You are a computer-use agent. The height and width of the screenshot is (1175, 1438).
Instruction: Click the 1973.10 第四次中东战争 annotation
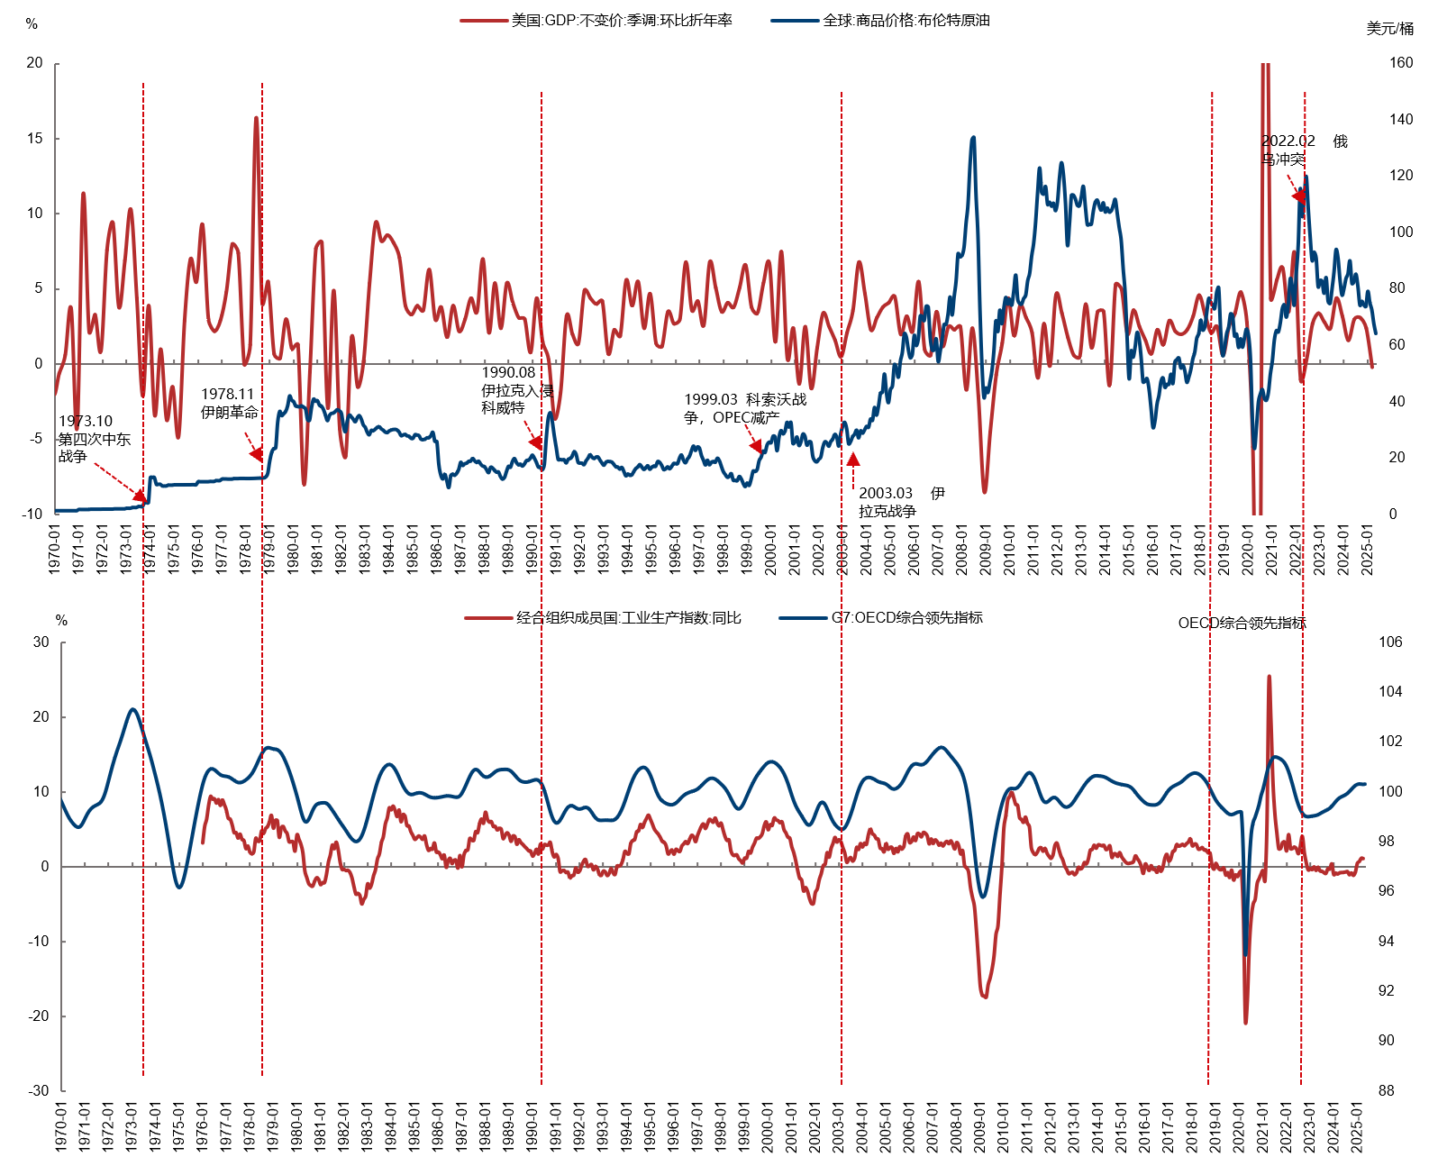94,438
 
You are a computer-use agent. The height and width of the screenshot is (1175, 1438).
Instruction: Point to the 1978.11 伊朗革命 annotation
229,403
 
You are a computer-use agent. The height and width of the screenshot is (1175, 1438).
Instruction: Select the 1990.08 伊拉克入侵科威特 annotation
515,390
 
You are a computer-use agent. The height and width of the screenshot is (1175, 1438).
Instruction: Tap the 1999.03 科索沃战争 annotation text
744,408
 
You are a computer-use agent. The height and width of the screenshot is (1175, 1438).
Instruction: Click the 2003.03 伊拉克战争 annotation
900,502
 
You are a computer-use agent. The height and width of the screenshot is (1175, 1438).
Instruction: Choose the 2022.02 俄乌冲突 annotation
1303,150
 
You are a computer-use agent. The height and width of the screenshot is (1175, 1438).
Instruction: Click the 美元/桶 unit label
1389,29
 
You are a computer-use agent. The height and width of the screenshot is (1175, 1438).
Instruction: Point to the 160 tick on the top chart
1401,62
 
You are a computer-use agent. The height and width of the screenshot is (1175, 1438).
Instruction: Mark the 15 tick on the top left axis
35,138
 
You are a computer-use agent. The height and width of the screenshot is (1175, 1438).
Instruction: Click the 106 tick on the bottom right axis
1390,642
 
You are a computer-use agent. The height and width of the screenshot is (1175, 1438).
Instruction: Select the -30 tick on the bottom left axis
38,1090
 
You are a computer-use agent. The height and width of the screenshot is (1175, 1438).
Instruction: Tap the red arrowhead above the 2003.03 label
853,459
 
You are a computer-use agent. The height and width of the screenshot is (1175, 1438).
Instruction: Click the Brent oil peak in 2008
973,138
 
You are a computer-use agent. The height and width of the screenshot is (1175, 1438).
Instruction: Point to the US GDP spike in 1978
256,118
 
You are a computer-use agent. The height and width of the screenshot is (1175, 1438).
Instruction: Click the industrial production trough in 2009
985,997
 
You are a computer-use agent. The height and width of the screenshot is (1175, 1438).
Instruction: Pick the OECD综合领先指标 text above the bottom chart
1242,623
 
